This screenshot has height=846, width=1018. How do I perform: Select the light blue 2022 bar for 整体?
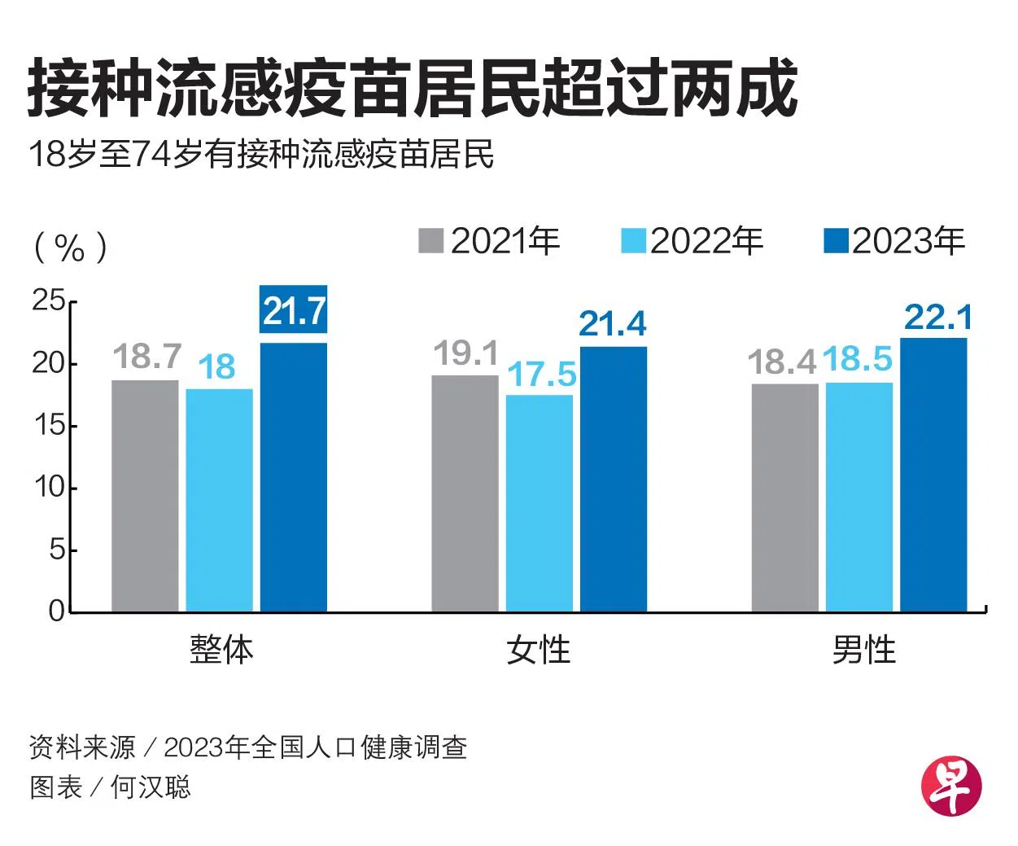pos(219,500)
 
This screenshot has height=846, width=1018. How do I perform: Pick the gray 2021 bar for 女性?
pos(465,493)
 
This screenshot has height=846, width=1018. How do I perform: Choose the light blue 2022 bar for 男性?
pos(859,497)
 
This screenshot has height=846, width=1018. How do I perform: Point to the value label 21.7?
pos(294,310)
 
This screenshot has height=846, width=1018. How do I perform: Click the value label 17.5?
pos(542,375)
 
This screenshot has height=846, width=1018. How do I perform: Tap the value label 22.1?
pos(937,317)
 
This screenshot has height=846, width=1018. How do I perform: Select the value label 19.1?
pos(465,353)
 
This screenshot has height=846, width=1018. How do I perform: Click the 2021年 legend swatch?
pos(430,241)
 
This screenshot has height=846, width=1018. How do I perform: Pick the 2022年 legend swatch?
pos(633,241)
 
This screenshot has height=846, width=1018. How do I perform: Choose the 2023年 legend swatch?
pos(836,241)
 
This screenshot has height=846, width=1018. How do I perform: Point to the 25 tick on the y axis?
pos(48,301)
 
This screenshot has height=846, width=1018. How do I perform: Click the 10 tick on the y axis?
pos(48,487)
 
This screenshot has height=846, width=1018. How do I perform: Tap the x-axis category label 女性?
pos(538,650)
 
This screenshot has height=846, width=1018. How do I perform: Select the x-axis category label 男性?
pos(863,650)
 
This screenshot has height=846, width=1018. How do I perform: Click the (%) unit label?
pos(70,246)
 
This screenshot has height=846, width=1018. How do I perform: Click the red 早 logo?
pos(951,786)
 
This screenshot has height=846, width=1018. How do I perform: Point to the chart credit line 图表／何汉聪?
pos(110,787)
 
